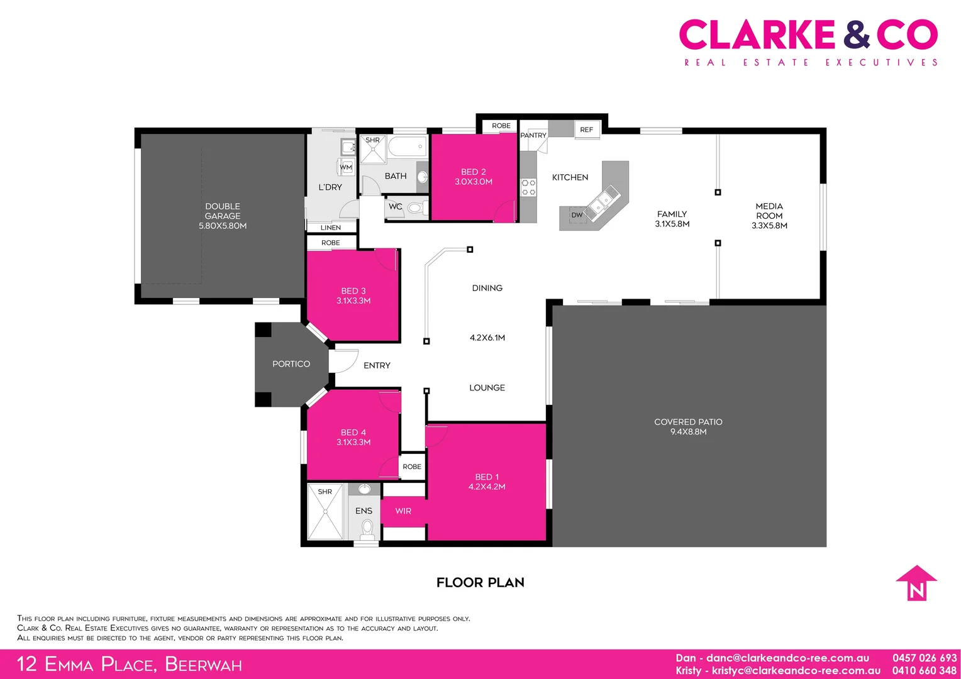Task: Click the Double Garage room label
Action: tap(222, 216)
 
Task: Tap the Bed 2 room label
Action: tap(473, 176)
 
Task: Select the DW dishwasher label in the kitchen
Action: tap(577, 215)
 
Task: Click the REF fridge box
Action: tap(586, 130)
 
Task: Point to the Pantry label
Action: tap(533, 135)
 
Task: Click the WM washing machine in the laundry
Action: tap(346, 167)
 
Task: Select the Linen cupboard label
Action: tap(331, 228)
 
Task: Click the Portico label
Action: tap(291, 364)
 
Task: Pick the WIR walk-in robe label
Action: tap(403, 511)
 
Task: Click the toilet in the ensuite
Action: tap(367, 529)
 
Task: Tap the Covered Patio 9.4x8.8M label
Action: tap(688, 426)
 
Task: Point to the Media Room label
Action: tap(769, 216)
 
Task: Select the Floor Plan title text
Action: tap(480, 582)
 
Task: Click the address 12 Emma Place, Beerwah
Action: tap(129, 664)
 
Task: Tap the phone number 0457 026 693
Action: tap(925, 658)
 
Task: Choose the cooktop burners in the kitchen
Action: tap(528, 187)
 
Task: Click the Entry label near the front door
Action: tap(377, 365)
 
